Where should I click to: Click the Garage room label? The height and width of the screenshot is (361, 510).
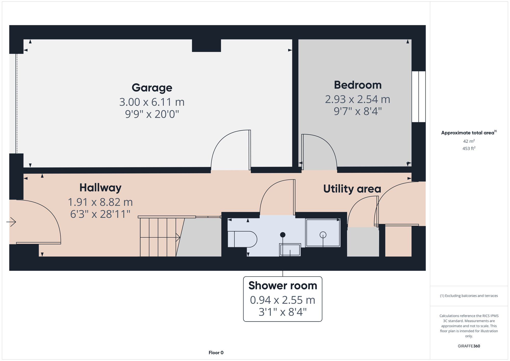152,88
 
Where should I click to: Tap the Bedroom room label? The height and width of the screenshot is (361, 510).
358,85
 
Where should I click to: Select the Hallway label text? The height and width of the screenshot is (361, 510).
100,188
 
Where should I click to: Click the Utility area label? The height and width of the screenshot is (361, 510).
352,189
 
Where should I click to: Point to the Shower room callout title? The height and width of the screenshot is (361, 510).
283,286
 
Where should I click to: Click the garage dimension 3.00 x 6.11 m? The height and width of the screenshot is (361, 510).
152,102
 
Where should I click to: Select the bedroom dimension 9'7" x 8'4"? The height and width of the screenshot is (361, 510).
358,111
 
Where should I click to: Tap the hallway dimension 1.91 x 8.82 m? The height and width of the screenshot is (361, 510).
100,202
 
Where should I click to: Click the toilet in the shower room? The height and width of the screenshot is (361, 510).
242,239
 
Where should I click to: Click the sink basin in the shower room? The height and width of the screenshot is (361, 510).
290,250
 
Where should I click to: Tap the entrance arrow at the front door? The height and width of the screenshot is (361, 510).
11,222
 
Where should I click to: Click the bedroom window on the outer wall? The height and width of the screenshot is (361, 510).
418,97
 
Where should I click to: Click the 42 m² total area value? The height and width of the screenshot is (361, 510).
469,141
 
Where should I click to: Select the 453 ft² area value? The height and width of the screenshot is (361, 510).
469,148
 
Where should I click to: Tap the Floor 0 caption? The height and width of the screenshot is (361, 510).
216,353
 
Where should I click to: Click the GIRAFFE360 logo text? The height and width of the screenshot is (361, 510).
469,346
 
